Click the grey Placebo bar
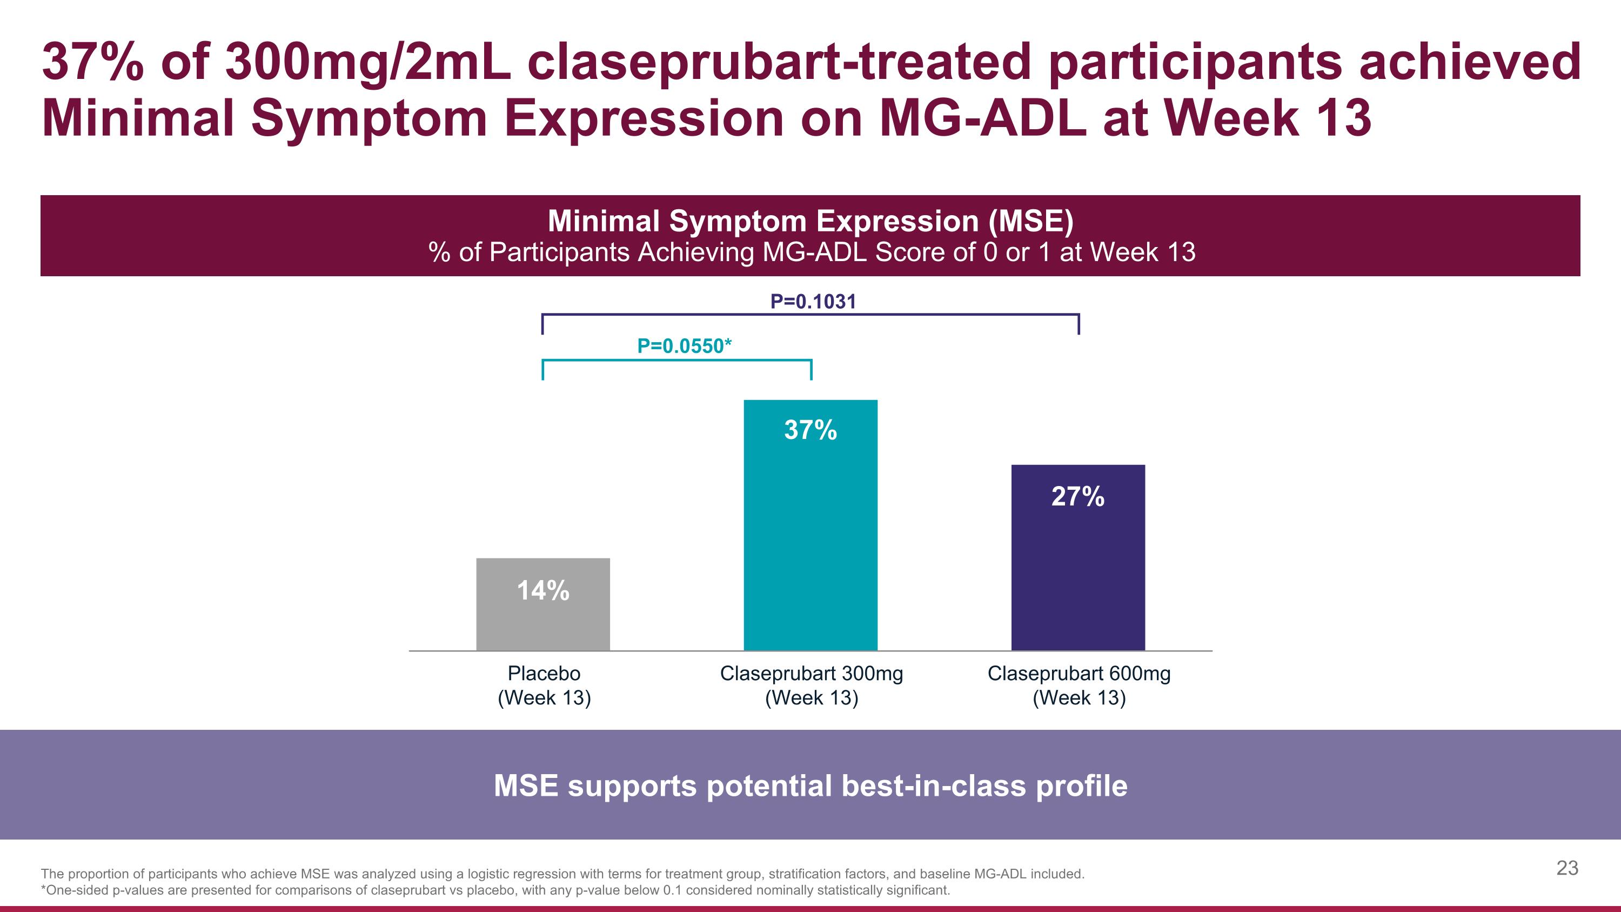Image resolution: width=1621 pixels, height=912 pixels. coord(542,620)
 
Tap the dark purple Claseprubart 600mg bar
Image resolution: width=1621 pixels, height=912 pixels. coord(1078,573)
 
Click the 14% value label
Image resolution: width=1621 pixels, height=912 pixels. coord(542,591)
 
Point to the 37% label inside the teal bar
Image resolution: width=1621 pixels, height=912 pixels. coord(810,430)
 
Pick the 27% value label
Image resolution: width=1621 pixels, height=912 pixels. coord(1078,497)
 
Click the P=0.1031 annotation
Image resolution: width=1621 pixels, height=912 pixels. coord(813,302)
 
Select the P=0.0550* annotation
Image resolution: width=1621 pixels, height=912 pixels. coord(684,346)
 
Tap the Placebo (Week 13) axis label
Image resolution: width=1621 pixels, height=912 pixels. coord(544,685)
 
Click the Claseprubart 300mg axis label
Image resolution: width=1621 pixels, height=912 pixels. coord(811,685)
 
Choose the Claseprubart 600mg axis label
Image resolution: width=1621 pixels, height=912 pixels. coord(1079,685)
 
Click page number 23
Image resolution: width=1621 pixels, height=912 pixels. coord(1567,868)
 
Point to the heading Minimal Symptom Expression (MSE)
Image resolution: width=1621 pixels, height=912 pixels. coord(810,221)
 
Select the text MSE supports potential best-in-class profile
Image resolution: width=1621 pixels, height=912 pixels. coord(810,785)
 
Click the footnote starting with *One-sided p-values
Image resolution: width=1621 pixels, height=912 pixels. coord(495,890)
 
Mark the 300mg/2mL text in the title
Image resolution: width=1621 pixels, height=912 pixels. coord(368,63)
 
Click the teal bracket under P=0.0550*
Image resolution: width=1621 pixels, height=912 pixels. coord(677,361)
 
